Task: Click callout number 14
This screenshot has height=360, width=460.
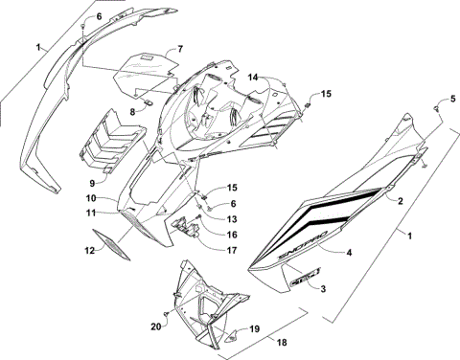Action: [x=254, y=76]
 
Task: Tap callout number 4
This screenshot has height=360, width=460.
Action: [x=348, y=253]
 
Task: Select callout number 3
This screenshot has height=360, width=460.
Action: [x=323, y=287]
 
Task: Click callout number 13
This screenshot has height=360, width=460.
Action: [x=233, y=218]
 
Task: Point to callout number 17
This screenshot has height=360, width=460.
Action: [x=233, y=250]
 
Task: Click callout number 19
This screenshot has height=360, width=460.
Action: [x=255, y=328]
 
